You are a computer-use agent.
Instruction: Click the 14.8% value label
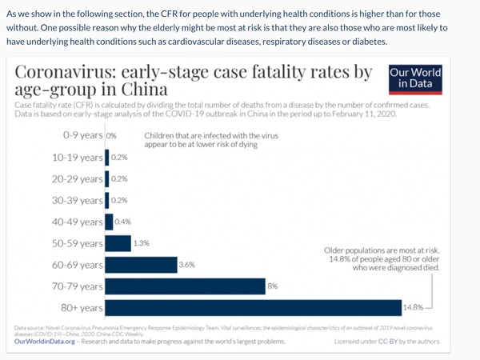(413, 307)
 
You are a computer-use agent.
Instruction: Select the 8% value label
(272, 286)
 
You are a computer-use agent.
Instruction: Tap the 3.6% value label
(186, 264)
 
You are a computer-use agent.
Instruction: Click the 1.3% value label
(141, 242)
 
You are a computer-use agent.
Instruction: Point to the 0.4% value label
(122, 222)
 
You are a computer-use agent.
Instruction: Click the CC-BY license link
(406, 342)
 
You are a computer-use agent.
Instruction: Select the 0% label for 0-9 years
(112, 136)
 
